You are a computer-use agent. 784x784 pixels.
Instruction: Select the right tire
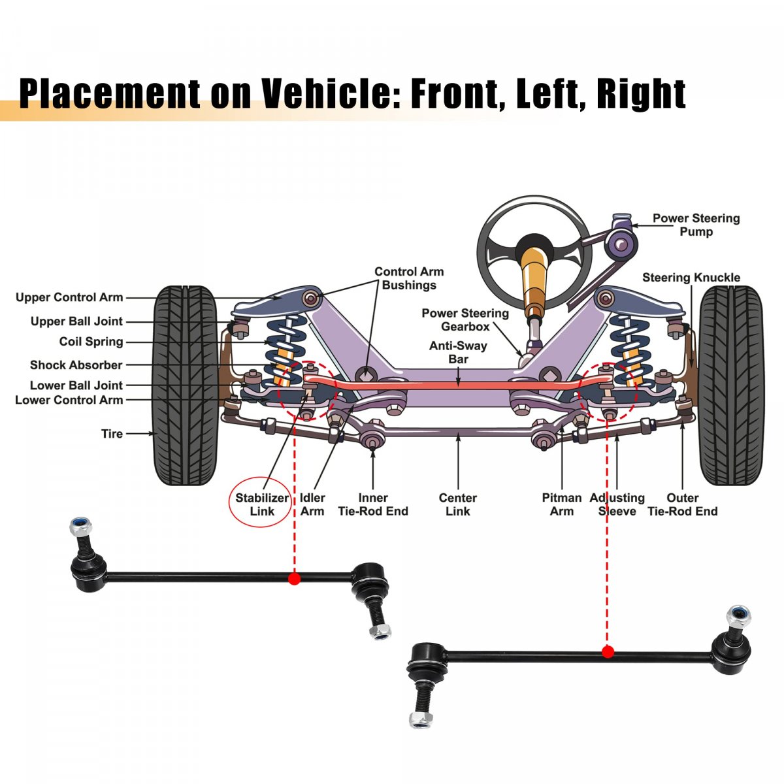pos(731,385)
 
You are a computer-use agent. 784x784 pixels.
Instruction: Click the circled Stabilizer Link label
pos(262,504)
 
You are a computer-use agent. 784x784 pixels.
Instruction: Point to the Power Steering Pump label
pos(696,225)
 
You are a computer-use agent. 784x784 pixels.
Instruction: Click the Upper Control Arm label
pos(69,298)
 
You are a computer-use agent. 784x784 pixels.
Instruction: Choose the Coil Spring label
pos(91,342)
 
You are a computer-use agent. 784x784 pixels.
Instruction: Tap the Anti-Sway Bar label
pos(458,352)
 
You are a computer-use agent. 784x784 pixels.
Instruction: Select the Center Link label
pos(457,504)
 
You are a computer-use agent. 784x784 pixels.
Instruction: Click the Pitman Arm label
pos(561,504)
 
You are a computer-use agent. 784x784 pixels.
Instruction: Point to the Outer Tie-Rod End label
pos(682,504)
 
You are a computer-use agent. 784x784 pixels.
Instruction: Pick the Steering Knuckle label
pos(691,278)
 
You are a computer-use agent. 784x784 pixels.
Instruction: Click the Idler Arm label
pos(312,504)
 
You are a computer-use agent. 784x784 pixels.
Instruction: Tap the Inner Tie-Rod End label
pos(372,504)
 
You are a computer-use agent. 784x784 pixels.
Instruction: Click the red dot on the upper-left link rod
pos(294,578)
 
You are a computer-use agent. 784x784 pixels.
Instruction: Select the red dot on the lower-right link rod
pos(608,651)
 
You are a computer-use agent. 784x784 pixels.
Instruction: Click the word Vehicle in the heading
pos(326,93)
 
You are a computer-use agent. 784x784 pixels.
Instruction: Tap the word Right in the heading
pos(641,93)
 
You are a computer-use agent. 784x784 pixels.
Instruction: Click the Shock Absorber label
pos(76,365)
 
